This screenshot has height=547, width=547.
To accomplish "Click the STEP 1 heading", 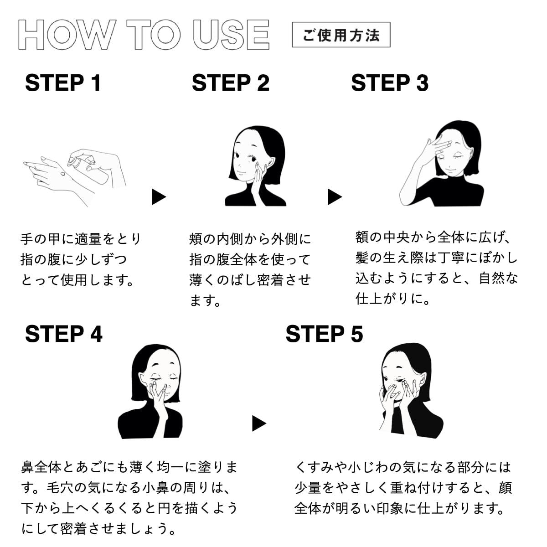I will click(63, 83).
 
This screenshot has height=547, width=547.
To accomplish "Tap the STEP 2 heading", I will click(231, 83).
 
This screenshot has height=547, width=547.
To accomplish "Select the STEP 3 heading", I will click(390, 83).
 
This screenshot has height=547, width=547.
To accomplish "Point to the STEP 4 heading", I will click(64, 334).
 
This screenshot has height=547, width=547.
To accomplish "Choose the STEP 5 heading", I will click(324, 334).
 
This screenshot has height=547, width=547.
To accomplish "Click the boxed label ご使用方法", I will click(341, 35).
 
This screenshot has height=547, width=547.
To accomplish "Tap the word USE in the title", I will click(231, 35).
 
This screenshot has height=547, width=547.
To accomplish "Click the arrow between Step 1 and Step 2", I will click(159, 197).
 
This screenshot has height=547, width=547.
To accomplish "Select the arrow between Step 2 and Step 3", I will click(335, 197).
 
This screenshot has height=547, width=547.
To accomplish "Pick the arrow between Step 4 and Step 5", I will click(258, 423).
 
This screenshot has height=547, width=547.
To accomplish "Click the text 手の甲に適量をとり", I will click(81, 239).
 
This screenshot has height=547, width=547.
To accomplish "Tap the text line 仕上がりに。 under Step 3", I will click(393, 299).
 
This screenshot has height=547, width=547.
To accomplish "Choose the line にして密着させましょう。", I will click(99, 529).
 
